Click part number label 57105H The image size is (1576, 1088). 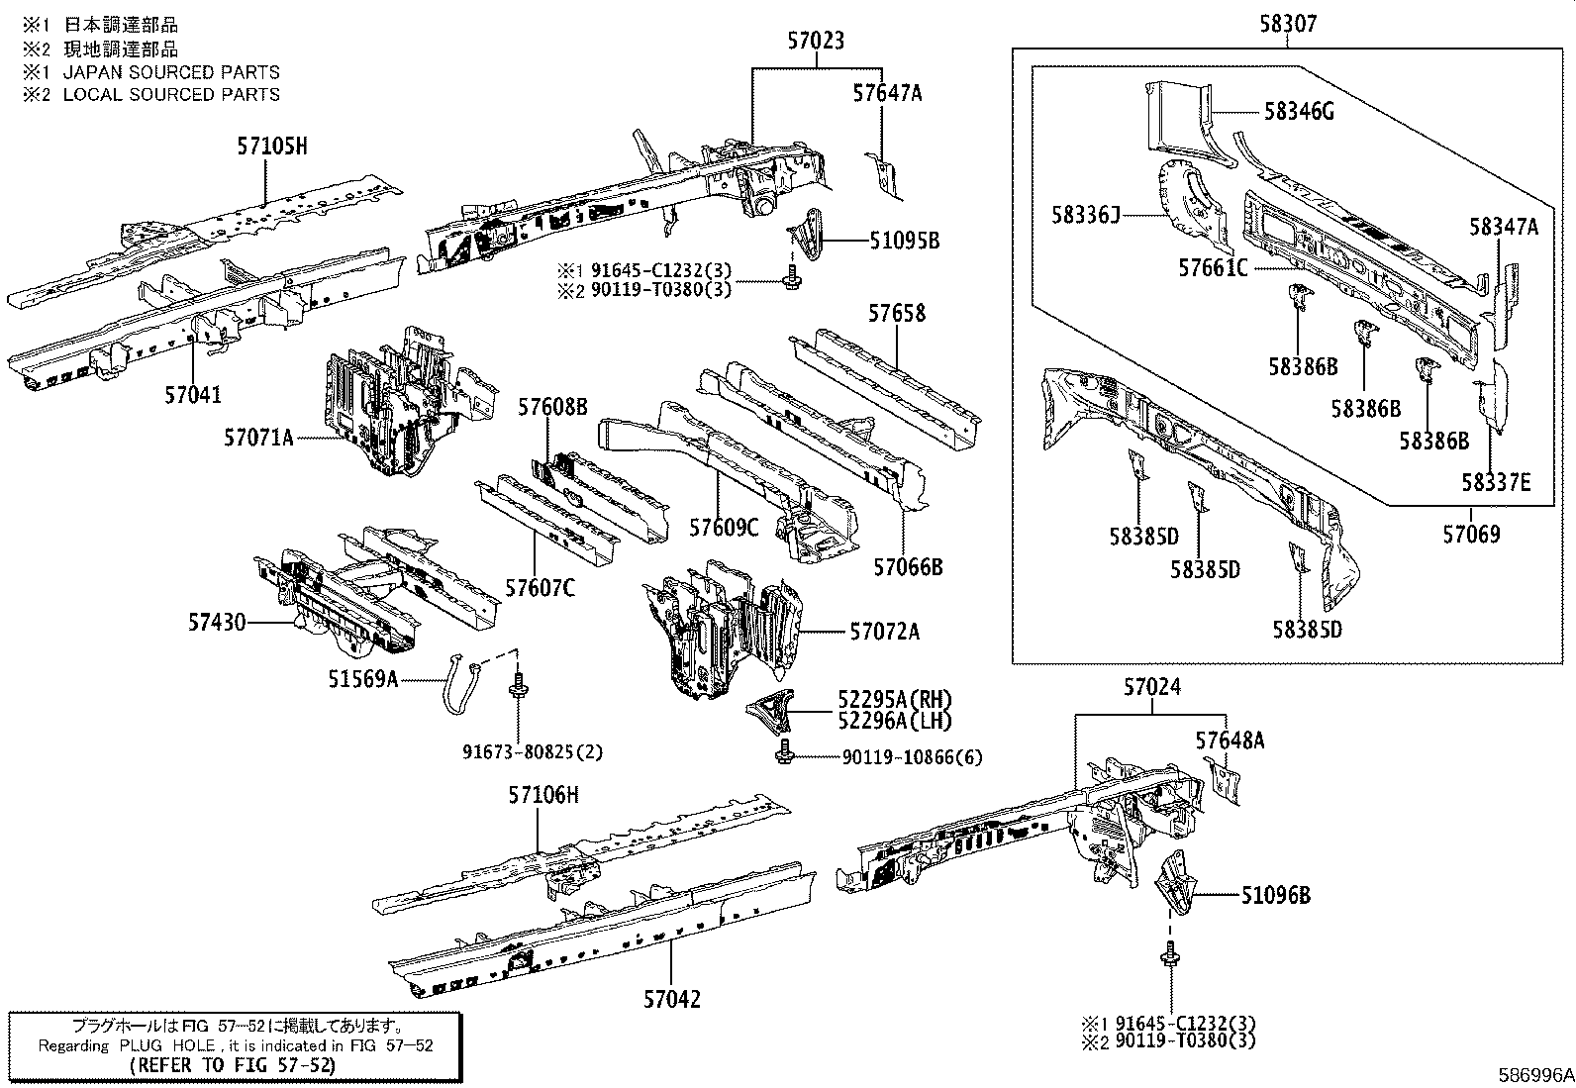[272, 148]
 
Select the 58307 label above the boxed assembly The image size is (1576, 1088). [1288, 24]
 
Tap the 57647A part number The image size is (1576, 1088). [887, 93]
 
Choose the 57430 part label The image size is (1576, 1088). [217, 623]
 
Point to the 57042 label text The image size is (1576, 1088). [671, 1000]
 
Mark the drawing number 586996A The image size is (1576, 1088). [1534, 1074]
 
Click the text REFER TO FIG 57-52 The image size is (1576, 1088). [233, 1065]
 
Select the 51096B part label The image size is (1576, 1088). [1276, 896]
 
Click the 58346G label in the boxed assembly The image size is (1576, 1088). [1299, 112]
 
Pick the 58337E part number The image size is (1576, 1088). [1496, 482]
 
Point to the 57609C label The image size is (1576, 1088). [724, 528]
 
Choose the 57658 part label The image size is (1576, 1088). [897, 313]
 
